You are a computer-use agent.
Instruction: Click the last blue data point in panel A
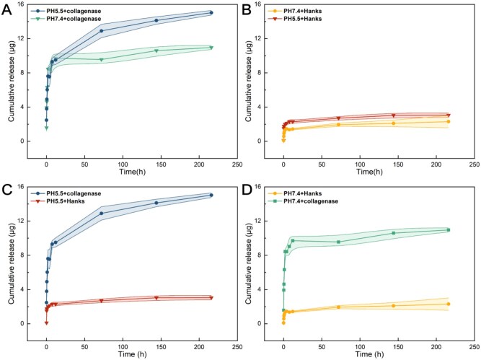(211, 12)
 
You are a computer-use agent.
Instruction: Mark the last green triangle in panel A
(211, 48)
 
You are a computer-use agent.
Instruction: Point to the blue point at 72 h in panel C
(102, 213)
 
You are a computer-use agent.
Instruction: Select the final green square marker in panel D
(449, 230)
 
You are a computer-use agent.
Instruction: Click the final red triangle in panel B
(449, 115)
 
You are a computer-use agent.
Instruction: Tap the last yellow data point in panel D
(449, 304)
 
